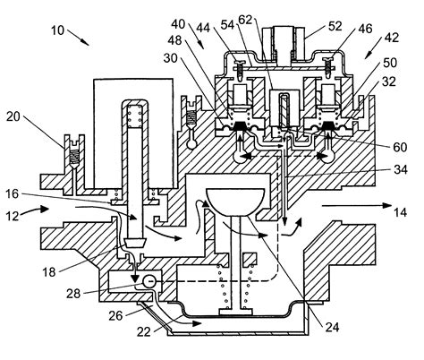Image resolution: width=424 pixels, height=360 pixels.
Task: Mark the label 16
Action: click(x=36, y=193)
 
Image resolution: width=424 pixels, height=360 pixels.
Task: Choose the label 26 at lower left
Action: click(x=116, y=315)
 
